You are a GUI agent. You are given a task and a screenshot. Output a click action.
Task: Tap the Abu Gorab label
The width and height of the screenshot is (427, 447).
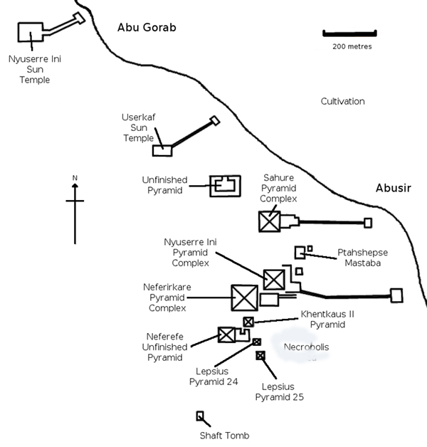pyautogui.click(x=147, y=28)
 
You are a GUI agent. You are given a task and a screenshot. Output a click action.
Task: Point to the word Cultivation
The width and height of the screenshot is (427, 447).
pyautogui.click(x=342, y=102)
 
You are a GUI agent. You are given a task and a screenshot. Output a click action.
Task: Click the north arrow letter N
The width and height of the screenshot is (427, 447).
pyautogui.click(x=75, y=177)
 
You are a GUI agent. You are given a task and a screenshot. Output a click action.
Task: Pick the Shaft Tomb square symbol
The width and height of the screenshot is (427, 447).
pyautogui.click(x=200, y=416)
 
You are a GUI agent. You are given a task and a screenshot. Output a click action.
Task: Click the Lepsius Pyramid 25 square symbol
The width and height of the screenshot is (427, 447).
pyautogui.click(x=260, y=355)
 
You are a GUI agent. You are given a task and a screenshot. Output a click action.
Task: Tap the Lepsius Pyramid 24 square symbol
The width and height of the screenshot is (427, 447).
pyautogui.click(x=256, y=342)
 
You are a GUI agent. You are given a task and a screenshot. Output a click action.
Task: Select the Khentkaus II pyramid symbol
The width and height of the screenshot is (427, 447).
pyautogui.click(x=248, y=322)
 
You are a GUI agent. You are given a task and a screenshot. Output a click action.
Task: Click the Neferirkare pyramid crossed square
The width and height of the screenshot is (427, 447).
pyautogui.click(x=244, y=298)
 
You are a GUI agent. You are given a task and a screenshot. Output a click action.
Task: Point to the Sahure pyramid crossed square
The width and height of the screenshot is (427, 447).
pyautogui.click(x=270, y=221)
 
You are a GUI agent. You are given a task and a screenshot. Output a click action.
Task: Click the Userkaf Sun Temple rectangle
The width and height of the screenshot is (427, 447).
pyautogui.click(x=162, y=150)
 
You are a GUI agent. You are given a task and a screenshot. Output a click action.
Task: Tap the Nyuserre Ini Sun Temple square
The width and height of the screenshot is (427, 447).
pyautogui.click(x=30, y=33)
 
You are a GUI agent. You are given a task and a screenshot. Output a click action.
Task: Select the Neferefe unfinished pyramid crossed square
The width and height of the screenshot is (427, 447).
pyautogui.click(x=226, y=335)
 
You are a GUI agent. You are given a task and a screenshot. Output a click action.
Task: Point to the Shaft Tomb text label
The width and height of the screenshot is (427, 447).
pyautogui.click(x=224, y=436)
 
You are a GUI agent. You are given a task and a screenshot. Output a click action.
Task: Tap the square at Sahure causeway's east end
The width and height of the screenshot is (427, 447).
pyautogui.click(x=368, y=223)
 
